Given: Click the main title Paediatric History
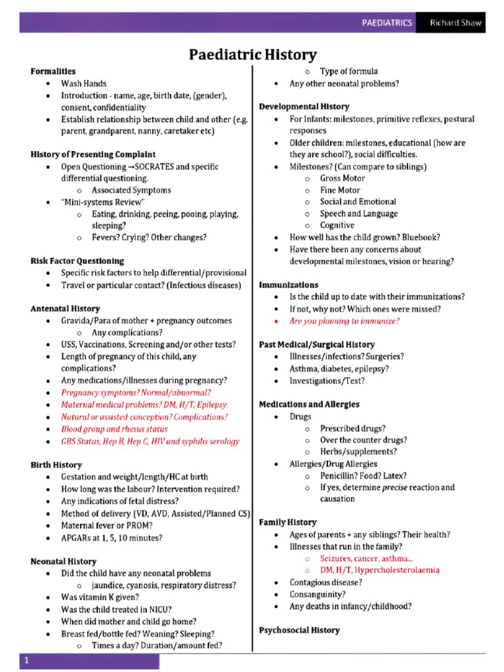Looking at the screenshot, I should (253, 54).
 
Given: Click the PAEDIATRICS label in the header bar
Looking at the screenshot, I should (387, 22).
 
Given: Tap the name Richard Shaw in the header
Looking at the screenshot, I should (455, 22).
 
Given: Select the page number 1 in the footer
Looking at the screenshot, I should (26, 661).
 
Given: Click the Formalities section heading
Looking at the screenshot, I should (53, 71).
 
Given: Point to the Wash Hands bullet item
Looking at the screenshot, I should (83, 83).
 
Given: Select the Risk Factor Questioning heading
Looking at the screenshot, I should (77, 261).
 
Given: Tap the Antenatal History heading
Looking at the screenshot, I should (65, 308).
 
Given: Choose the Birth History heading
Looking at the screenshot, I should (56, 465).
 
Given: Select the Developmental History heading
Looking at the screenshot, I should (304, 106).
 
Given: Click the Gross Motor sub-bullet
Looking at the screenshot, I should (342, 178).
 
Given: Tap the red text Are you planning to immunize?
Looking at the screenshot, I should (344, 321).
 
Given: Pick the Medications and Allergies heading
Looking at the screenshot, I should (308, 404).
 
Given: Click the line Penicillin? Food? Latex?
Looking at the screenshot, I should (363, 476).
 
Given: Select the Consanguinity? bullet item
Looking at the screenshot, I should (318, 595).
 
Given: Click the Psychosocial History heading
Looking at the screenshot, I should (299, 630).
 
